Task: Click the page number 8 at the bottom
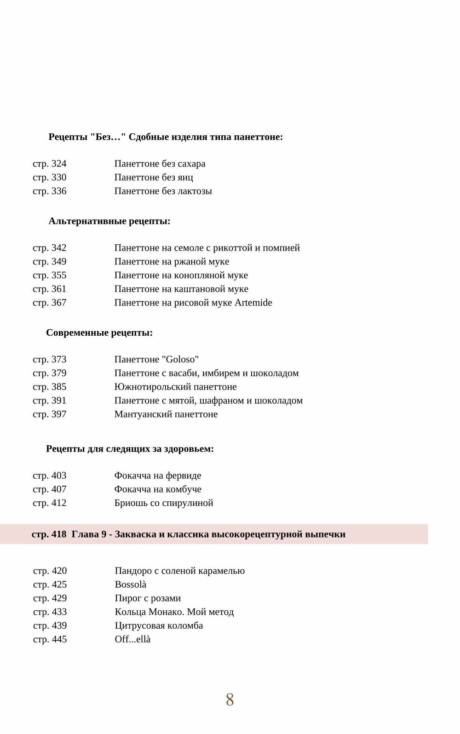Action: coord(230,700)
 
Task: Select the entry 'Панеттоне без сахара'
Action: coord(160,164)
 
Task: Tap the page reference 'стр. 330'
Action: coord(50,178)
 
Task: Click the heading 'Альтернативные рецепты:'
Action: coord(109,221)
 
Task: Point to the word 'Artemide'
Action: coord(253,303)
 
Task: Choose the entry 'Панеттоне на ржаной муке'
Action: coord(172,262)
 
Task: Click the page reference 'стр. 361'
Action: coord(50,289)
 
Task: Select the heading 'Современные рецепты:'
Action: coord(99,333)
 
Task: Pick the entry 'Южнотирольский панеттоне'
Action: coord(175,387)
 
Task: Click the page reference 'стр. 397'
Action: coord(50,414)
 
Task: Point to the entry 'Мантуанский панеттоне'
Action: coord(166,414)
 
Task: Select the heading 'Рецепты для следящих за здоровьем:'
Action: coord(130,449)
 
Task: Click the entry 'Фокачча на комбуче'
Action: coord(158,489)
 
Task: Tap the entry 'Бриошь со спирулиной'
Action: coord(164,503)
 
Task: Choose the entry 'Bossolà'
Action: coord(131,585)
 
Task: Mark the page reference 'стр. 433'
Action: coord(50,612)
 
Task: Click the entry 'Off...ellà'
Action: coord(132,639)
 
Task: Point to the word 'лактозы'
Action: coord(195,191)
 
